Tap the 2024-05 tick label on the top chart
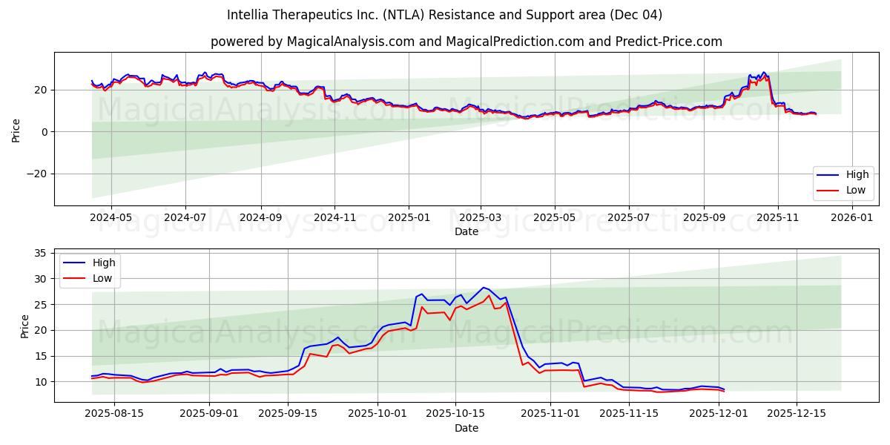(111, 218)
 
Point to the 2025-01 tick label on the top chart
(408, 218)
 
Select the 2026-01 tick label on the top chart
(852, 218)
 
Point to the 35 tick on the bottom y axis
(40, 253)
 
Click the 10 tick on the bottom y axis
(40, 382)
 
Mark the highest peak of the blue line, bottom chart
(484, 287)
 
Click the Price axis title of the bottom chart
(25, 326)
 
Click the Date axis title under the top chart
(467, 231)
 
